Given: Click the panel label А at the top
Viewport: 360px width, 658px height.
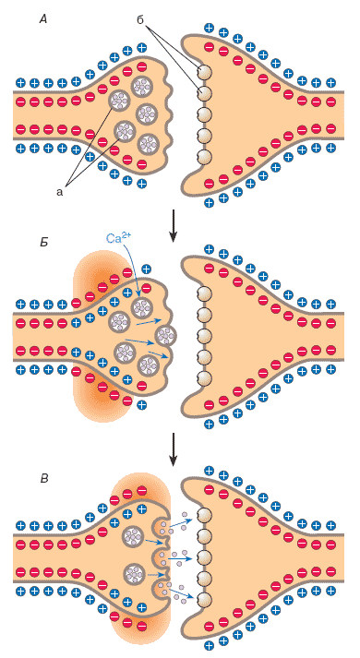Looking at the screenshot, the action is [43, 19].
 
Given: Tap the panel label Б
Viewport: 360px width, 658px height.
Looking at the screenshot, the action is [43, 243].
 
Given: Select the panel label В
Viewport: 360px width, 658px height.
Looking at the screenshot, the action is [43, 478].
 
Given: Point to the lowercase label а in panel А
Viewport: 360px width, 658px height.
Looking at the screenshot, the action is [59, 192].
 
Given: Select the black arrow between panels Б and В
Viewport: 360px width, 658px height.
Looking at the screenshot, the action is [173, 449].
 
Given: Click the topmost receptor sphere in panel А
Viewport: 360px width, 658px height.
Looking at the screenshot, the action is [204, 72].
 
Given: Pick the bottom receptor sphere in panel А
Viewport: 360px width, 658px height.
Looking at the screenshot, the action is [204, 157].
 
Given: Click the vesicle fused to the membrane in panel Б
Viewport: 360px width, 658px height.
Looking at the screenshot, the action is [166, 335].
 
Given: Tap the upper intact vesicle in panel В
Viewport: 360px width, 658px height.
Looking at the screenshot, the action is [134, 535].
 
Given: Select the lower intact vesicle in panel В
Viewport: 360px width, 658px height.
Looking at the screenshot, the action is [134, 572].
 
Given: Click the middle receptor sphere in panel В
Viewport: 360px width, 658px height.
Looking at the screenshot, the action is [204, 556].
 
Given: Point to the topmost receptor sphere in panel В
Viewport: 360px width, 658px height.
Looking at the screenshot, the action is [204, 515].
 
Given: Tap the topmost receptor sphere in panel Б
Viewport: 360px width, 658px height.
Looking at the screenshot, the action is [204, 293].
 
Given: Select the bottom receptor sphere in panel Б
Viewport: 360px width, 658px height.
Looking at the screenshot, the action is [204, 377].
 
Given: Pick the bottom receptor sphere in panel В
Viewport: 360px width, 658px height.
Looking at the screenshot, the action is [204, 599].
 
